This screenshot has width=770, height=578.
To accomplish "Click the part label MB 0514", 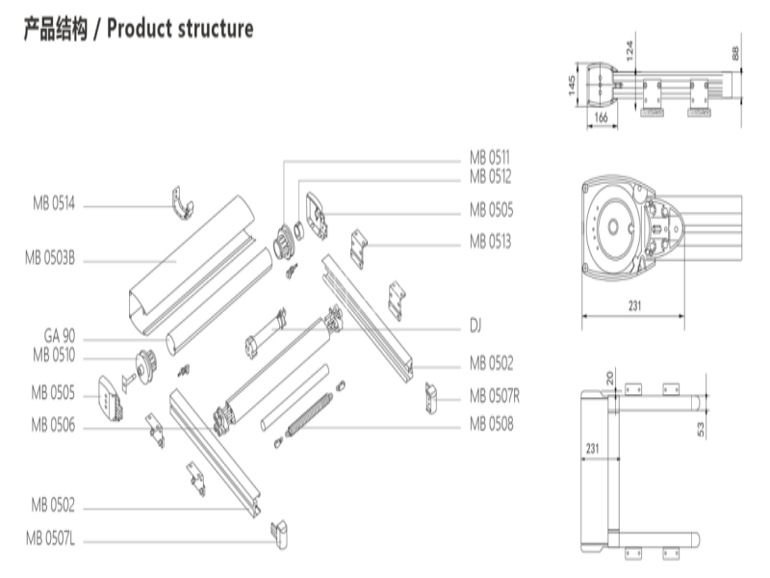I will (53, 204).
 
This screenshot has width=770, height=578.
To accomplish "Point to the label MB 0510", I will (53, 355).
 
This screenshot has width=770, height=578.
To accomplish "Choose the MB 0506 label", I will (53, 424).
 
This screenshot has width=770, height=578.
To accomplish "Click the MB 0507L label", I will (51, 539).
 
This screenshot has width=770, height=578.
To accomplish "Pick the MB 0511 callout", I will (490, 157).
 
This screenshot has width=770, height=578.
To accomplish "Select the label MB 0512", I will (490, 176).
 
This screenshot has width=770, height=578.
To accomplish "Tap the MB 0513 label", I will (490, 241).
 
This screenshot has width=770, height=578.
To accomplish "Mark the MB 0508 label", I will (491, 423).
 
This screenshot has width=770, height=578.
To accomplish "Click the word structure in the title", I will (216, 29).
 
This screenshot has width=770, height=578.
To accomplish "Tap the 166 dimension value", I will (600, 118).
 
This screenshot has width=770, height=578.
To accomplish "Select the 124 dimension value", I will (629, 50).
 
